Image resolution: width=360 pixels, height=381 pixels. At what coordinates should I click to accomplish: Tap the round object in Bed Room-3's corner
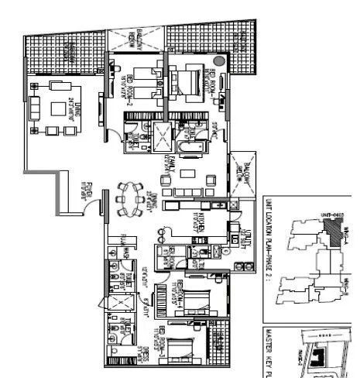(x=220, y=60)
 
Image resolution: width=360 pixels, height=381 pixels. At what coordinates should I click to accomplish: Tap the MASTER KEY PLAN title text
(x=269, y=352)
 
